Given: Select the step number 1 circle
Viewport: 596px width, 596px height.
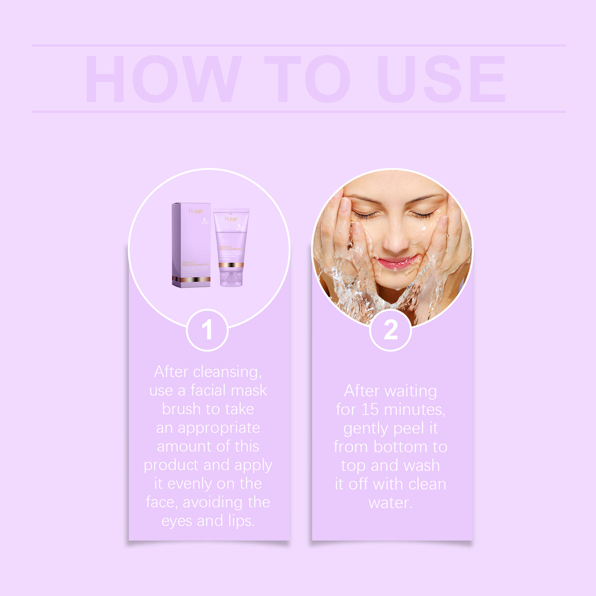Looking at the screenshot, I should pyautogui.click(x=207, y=330).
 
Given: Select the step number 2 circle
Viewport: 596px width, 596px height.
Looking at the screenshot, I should pyautogui.click(x=390, y=330).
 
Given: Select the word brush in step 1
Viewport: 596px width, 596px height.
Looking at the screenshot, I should pyautogui.click(x=182, y=409).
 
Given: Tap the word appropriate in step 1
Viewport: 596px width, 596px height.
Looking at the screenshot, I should pyautogui.click(x=218, y=428).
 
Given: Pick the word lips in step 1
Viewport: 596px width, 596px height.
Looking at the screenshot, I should pyautogui.click(x=241, y=521).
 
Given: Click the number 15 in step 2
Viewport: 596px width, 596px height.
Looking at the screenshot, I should pyautogui.click(x=370, y=409).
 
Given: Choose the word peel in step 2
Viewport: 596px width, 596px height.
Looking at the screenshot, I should pyautogui.click(x=410, y=429).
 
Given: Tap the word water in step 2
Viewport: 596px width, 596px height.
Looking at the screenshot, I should pyautogui.click(x=390, y=503).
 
